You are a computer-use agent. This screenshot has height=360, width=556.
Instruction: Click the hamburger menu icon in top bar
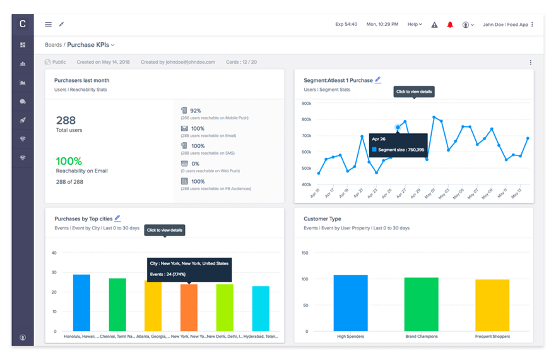(48, 25)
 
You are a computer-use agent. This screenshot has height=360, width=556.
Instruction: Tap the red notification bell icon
(450, 25)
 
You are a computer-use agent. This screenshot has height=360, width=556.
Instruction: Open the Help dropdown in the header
(414, 25)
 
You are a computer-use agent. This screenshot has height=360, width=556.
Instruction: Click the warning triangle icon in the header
(434, 25)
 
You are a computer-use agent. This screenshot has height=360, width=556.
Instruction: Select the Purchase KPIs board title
(90, 45)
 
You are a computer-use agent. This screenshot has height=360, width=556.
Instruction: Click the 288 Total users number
(66, 120)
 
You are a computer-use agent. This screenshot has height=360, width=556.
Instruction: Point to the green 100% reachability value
(69, 161)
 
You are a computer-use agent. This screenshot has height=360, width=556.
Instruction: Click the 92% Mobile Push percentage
(196, 111)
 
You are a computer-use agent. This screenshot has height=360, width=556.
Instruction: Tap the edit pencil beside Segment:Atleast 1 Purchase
(378, 80)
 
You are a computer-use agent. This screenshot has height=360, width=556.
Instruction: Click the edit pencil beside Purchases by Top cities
(117, 219)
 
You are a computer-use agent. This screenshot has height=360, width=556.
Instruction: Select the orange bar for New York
(189, 308)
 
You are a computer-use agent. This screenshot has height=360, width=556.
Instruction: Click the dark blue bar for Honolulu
(81, 303)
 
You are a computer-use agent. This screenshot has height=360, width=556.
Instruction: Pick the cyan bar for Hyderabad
(261, 309)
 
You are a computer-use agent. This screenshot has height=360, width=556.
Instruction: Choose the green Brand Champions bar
(421, 304)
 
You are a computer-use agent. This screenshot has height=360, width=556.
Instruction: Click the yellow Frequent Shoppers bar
(492, 305)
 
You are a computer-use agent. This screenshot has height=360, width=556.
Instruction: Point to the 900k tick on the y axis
(307, 104)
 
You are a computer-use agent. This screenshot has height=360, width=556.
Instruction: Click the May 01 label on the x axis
(432, 191)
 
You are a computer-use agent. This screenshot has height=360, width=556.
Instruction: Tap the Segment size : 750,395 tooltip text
(401, 150)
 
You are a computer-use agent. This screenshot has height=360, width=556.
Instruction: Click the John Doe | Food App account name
(505, 25)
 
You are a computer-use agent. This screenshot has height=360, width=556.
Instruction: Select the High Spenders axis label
(350, 337)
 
